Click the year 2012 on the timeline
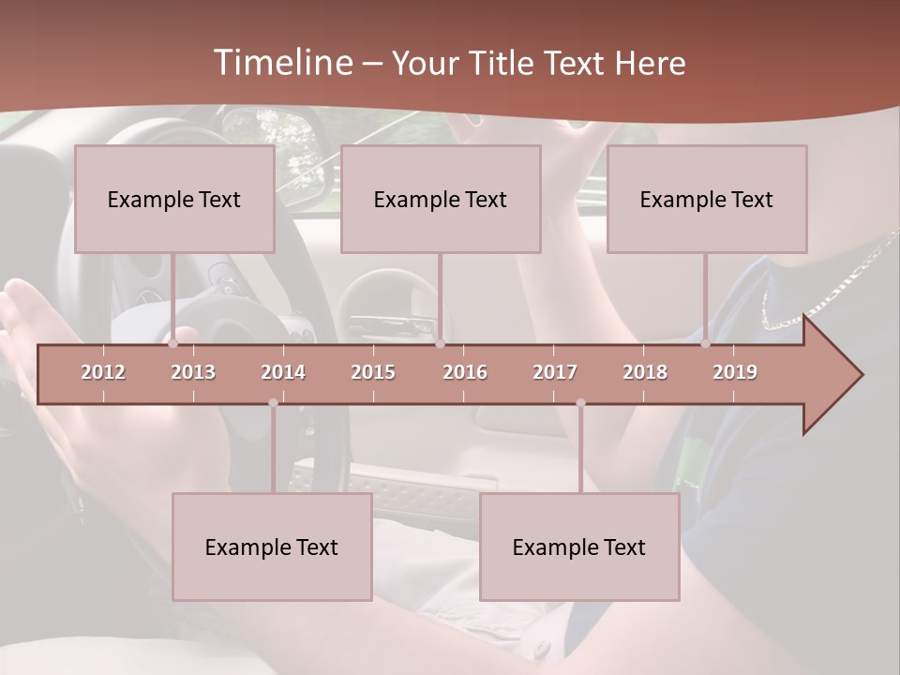[103, 372]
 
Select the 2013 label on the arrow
[193, 372]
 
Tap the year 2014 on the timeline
[283, 372]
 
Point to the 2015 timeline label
[373, 372]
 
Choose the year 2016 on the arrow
[465, 372]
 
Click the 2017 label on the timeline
[555, 372]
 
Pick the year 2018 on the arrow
[645, 372]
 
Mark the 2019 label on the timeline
[735, 372]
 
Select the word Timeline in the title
[280, 63]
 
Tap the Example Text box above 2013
[174, 200]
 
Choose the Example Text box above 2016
[441, 200]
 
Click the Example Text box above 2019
[707, 200]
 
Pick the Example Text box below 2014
[272, 547]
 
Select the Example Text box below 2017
[579, 547]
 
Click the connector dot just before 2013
[173, 344]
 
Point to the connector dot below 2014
[273, 403]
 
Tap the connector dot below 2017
[580, 403]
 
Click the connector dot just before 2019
[706, 344]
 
